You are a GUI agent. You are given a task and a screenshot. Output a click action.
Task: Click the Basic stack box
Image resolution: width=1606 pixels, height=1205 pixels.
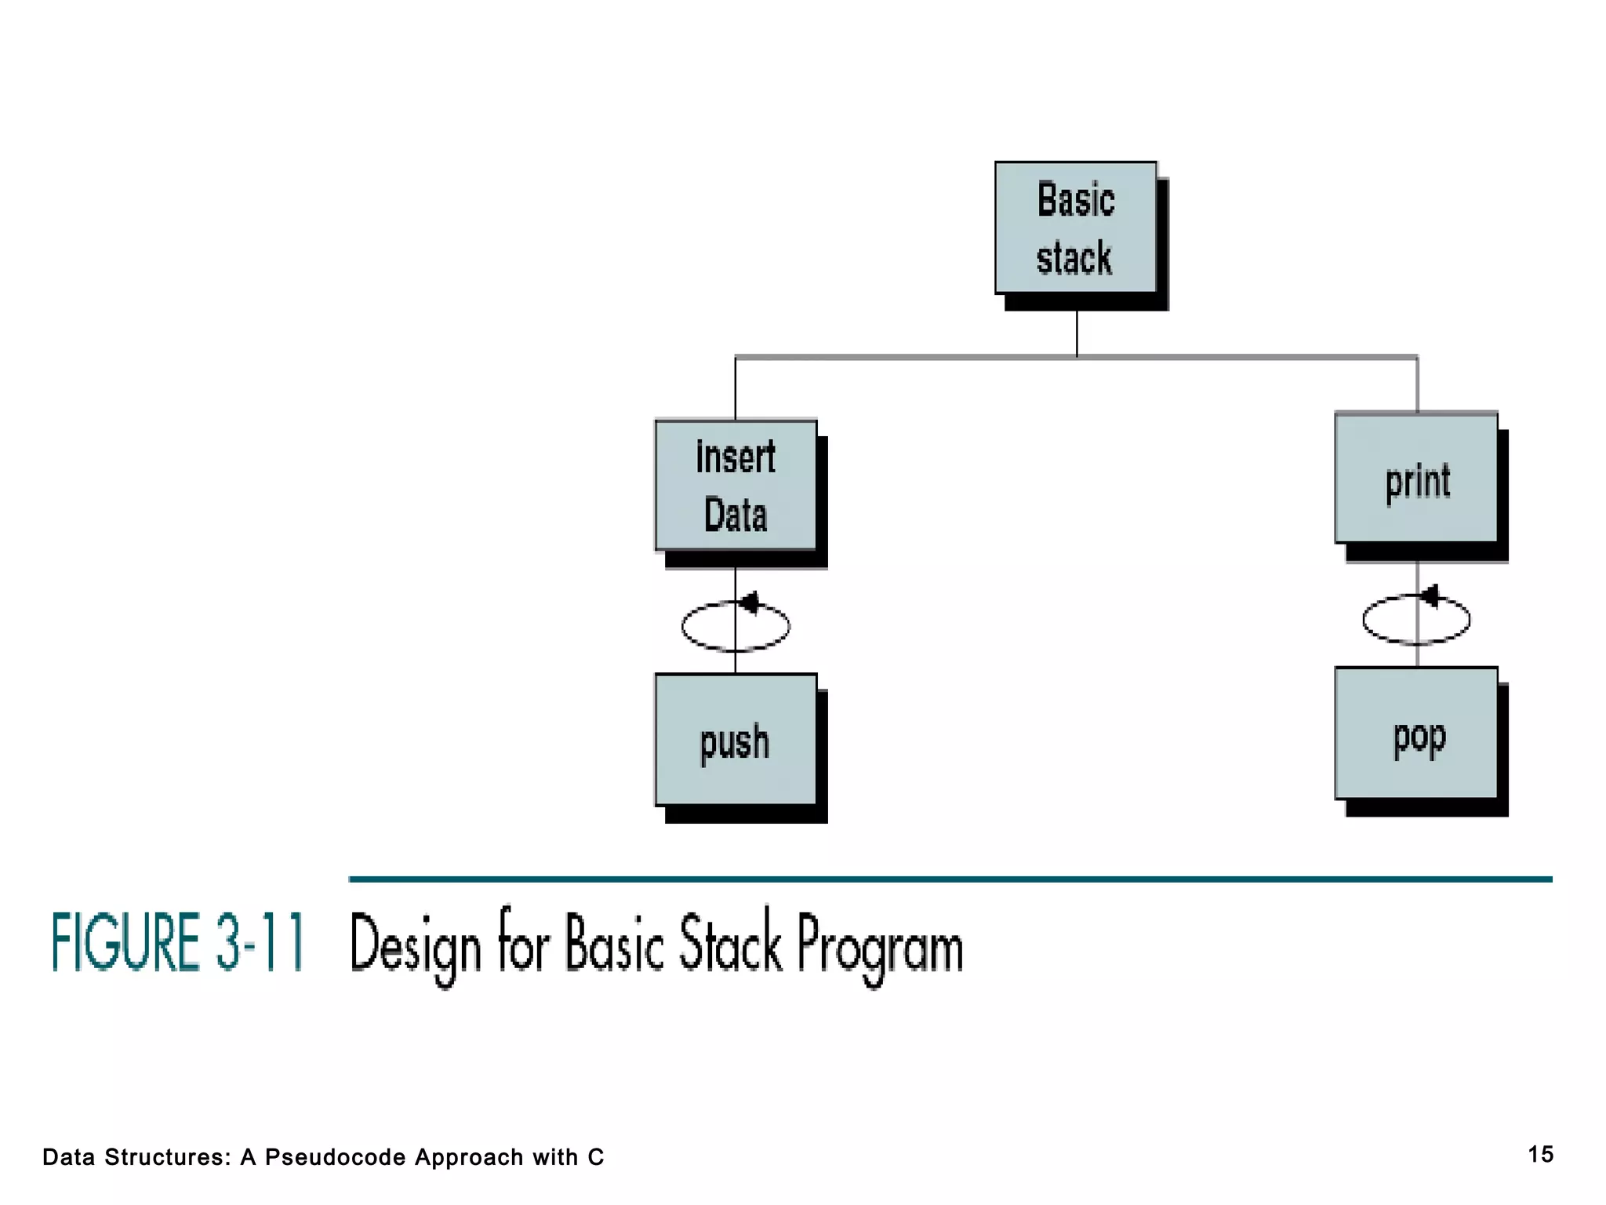coord(1076,228)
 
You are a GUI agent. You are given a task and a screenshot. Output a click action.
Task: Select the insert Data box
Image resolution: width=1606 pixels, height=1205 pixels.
coord(736,486)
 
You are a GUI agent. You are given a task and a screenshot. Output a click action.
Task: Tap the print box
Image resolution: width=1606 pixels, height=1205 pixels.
coord(1416,479)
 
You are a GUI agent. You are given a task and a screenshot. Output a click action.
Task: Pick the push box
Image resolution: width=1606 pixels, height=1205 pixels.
coord(736,740)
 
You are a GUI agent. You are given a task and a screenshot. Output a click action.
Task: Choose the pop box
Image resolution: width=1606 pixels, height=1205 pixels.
coord(1416,734)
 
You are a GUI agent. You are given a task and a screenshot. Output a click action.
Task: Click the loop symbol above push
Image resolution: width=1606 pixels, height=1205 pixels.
coord(736,626)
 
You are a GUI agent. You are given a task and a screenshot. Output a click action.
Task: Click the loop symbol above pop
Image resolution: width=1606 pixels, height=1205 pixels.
coord(1416,620)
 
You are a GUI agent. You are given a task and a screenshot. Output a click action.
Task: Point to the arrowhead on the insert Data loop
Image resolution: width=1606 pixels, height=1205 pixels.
coord(750,602)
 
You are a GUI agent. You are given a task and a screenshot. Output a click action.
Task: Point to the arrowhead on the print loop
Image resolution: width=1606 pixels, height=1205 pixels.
coord(1430,596)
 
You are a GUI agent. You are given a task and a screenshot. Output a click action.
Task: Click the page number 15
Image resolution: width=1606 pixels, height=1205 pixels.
coord(1540,1154)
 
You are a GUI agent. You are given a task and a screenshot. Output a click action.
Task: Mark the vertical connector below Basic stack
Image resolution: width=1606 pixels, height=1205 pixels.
coord(1077,333)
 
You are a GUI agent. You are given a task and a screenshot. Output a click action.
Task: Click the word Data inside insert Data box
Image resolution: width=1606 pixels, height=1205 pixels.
coord(736,515)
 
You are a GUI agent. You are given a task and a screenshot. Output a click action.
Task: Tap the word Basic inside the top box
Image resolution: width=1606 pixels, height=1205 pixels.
coord(1076,199)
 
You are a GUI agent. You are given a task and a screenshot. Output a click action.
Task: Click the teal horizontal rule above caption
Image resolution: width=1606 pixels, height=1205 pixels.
coord(950,879)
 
